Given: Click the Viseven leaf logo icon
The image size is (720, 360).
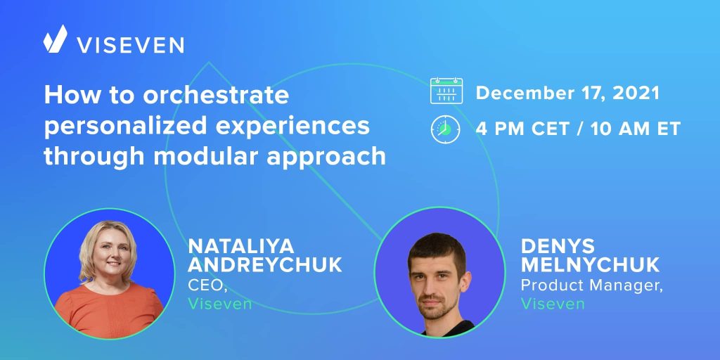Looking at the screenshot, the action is pyautogui.click(x=55, y=39).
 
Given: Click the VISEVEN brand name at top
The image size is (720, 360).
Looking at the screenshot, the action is pyautogui.click(x=130, y=45).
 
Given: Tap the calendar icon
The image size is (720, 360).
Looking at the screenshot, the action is pyautogui.click(x=446, y=91).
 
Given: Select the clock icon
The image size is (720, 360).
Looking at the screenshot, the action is pyautogui.click(x=445, y=129).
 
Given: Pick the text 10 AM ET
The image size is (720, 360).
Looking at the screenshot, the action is pyautogui.click(x=635, y=129).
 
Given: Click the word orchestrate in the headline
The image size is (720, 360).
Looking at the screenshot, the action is pyautogui.click(x=216, y=95).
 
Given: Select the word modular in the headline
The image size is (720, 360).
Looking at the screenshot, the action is pyautogui.click(x=207, y=157).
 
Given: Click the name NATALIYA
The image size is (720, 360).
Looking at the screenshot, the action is pyautogui.click(x=240, y=247).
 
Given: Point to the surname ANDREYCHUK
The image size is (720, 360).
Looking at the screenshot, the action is pyautogui.click(x=265, y=265).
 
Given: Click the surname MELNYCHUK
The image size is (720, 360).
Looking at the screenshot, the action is pyautogui.click(x=590, y=265).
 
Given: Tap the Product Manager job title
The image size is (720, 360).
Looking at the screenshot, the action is pyautogui.click(x=592, y=285).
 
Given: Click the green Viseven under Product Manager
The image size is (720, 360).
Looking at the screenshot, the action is pyautogui.click(x=553, y=304).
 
